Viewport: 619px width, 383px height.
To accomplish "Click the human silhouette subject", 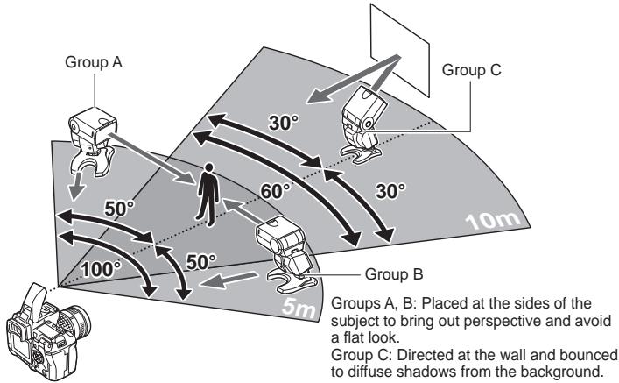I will (x=208, y=194).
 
